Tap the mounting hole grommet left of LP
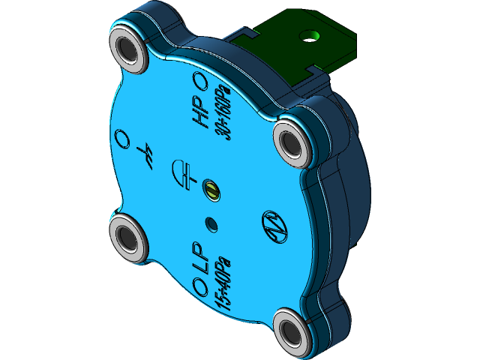(130, 238)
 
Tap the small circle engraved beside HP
(200, 80)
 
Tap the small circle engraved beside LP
(200, 286)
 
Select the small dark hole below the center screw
(211, 223)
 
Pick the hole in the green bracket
(310, 35)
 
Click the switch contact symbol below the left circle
(148, 155)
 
